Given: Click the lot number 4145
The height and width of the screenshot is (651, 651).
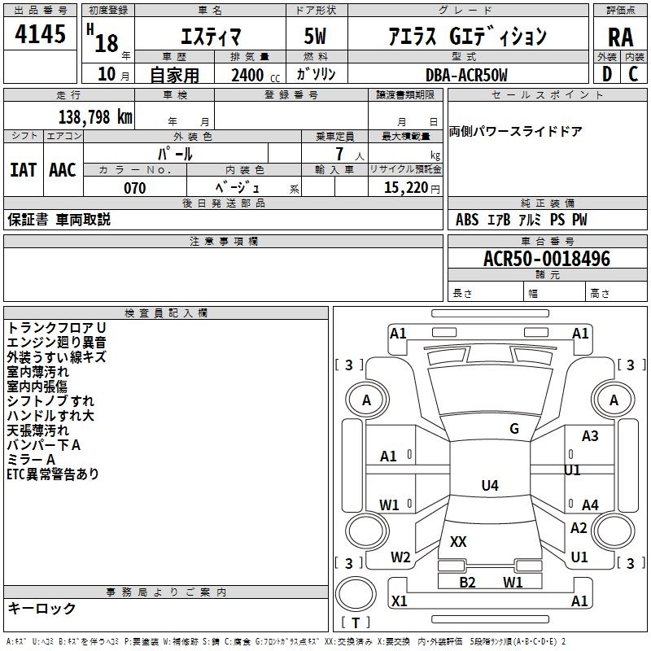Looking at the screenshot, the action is point(40,34).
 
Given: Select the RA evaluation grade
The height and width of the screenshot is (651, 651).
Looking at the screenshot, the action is point(620,37).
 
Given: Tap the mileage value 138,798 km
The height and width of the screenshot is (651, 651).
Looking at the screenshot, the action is point(95,117).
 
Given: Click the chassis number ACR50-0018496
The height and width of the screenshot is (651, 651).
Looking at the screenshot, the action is point(547,259).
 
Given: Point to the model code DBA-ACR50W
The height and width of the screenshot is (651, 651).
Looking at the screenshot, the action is point(466,75).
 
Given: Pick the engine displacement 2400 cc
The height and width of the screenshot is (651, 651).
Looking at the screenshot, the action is point(256,76).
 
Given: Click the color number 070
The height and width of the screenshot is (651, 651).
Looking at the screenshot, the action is point(134,188).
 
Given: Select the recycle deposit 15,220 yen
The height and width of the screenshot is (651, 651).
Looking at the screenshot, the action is point(412,188).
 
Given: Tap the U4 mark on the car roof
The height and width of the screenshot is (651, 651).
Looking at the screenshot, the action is point(490,485).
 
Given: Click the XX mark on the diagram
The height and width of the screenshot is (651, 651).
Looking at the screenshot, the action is point(458,541).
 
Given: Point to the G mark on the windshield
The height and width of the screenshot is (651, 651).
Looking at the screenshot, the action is point(514,429).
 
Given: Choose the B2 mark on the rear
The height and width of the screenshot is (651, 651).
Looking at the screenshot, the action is point(467,582).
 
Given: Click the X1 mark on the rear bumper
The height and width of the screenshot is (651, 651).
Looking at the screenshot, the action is point(399,601).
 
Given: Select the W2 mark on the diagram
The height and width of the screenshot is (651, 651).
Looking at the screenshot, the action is point(400,557).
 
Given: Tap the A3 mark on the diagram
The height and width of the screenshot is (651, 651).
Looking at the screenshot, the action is point(590,436).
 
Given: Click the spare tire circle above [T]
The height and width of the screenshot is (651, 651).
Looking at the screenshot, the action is point(356,594).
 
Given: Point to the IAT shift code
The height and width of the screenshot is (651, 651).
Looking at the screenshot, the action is point(23,170).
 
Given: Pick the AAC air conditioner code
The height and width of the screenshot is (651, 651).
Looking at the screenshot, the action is point(63,170).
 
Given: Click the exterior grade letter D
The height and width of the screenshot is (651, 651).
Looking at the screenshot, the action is point(607,74).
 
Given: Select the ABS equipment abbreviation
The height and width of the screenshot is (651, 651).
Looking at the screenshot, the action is point(466,220).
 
